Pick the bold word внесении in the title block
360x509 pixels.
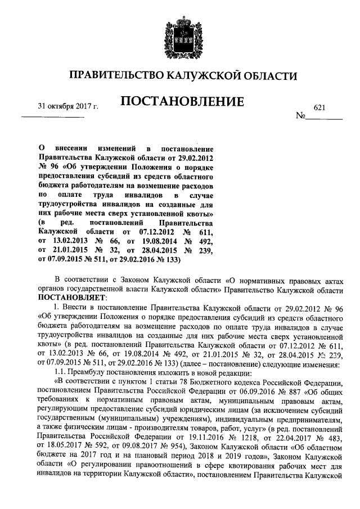(x=73, y=147)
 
